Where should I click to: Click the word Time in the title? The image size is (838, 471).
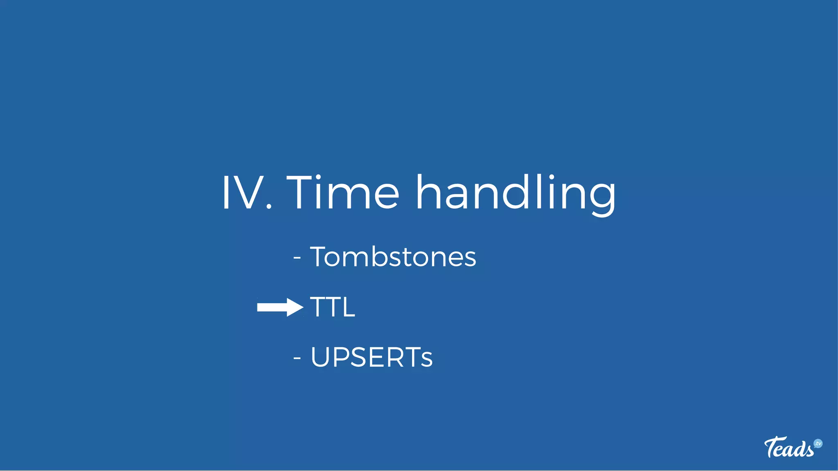tap(343, 192)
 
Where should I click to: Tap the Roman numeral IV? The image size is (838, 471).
tap(241, 192)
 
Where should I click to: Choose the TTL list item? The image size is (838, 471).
tap(332, 307)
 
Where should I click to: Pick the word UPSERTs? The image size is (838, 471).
tap(371, 357)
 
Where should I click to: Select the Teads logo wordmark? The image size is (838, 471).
tap(789, 448)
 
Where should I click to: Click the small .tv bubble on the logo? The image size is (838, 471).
tap(818, 444)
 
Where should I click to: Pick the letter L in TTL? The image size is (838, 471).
tap(348, 307)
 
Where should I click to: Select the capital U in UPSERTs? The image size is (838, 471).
tap(321, 357)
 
